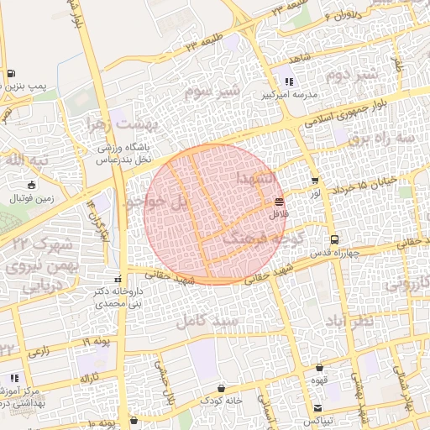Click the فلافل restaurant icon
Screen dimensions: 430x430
coord(279,202)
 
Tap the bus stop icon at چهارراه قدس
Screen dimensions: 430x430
coord(335,239)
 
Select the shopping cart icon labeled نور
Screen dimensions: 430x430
coord(315,181)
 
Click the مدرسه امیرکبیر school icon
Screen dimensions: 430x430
coord(289,82)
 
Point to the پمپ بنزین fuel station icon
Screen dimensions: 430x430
coord(10,74)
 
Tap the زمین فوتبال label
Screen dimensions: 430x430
coord(31,199)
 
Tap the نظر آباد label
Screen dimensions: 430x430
coord(374,322)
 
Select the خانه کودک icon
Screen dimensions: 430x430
coord(220,388)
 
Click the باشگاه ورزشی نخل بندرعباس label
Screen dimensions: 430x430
coord(128,153)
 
